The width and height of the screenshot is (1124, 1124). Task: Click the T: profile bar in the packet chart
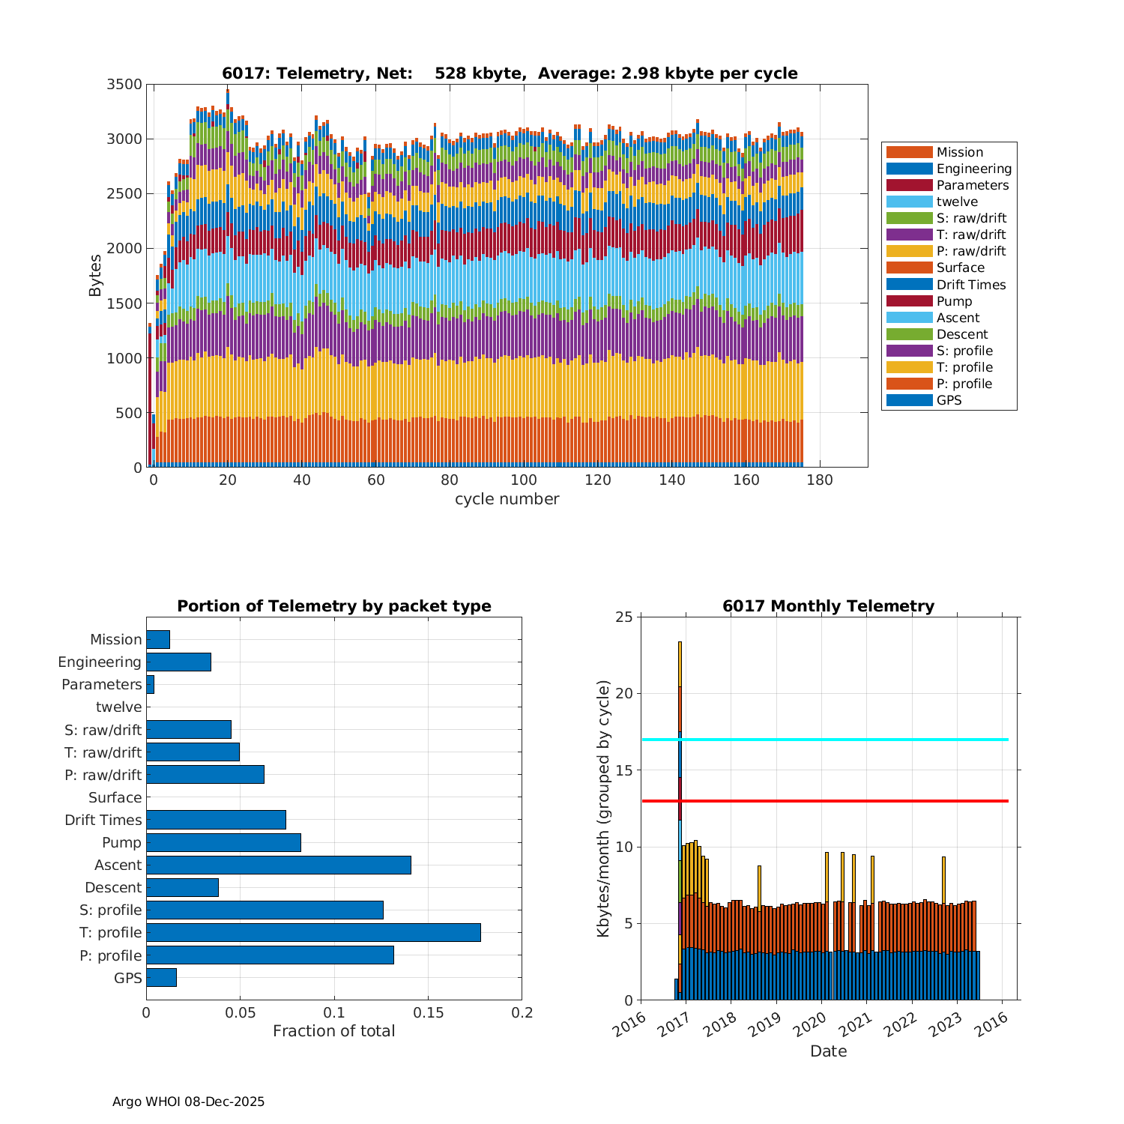point(313,932)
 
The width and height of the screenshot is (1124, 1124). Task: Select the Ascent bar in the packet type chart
point(279,865)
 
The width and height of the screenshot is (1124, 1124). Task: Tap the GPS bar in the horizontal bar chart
point(161,977)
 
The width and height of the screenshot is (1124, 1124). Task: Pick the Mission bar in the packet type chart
point(158,639)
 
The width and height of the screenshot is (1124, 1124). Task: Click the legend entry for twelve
point(957,202)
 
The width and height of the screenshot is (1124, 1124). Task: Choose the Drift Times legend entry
point(970,285)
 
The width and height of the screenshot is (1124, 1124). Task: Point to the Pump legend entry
point(954,301)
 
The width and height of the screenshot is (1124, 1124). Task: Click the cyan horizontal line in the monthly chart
point(824,740)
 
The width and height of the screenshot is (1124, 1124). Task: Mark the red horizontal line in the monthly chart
point(824,801)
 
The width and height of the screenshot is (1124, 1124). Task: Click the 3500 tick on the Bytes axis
point(124,84)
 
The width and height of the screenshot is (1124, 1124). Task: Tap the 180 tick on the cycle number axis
point(820,480)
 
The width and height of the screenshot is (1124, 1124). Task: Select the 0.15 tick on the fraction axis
point(428,1013)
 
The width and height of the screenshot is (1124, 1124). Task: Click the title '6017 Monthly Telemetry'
point(828,606)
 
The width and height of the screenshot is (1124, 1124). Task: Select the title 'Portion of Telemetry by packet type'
point(334,606)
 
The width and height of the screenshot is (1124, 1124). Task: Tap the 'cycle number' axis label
point(507,499)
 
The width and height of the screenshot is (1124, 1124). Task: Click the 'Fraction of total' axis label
point(333,1031)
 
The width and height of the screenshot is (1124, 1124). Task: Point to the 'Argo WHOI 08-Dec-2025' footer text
point(188,1102)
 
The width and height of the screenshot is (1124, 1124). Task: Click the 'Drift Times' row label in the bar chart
point(103,820)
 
